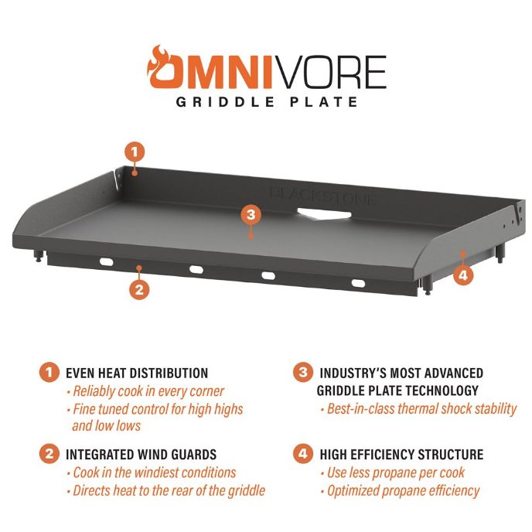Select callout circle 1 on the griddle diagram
coord(135,152)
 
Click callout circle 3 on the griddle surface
coord(249,214)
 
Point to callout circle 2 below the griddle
coord(139,290)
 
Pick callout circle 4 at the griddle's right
coord(462,274)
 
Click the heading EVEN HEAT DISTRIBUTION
coord(137,373)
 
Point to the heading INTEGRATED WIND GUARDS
coord(141,455)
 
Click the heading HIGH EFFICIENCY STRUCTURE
coord(401,455)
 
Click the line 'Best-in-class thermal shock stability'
coord(418,409)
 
